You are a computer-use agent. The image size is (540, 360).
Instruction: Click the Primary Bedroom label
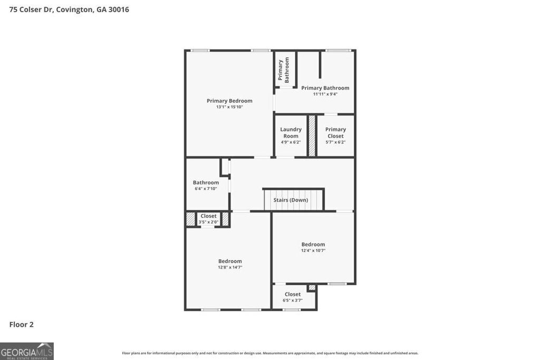[229, 101]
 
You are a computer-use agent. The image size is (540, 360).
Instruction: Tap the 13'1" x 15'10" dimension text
[229, 107]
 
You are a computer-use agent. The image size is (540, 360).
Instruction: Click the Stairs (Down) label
[291, 200]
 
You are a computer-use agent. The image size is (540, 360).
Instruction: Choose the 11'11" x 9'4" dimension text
[325, 94]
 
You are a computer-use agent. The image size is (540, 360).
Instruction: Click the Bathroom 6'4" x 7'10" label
[206, 182]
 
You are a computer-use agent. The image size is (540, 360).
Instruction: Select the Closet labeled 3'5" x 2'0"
[208, 216]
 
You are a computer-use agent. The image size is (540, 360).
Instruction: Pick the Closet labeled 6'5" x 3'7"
[293, 294]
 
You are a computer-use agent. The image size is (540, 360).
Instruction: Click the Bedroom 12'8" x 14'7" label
[230, 261]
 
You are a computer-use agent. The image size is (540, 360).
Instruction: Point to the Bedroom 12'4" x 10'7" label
[313, 244]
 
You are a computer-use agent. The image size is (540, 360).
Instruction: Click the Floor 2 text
[21, 325]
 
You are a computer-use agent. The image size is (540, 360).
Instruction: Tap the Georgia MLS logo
[27, 351]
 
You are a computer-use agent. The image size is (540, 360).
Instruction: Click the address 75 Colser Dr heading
[69, 9]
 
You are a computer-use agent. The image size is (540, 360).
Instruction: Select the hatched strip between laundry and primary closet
[312, 135]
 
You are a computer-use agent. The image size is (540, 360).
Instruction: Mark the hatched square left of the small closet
[190, 219]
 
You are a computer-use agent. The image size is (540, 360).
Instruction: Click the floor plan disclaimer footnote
[270, 353]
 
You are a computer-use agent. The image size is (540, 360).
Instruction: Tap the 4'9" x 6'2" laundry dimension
[291, 142]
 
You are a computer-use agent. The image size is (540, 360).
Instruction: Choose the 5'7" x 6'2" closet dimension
[335, 142]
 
